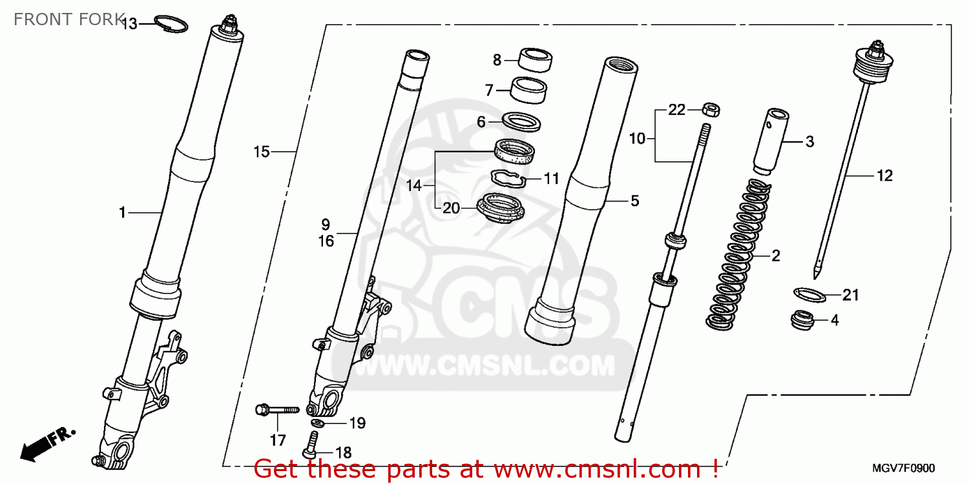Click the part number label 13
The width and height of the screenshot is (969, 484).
(x=129, y=25)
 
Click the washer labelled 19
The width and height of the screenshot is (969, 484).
(x=318, y=423)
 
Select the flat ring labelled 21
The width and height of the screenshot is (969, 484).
(x=810, y=294)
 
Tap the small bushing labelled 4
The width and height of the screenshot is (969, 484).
(x=804, y=319)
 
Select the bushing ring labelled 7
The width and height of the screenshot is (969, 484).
(x=528, y=89)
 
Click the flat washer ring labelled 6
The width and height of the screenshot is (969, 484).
(x=521, y=121)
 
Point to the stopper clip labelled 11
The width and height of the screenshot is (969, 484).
(x=510, y=176)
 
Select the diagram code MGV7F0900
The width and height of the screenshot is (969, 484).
(x=904, y=468)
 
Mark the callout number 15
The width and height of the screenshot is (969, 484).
(x=261, y=152)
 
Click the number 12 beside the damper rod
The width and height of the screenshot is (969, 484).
(x=884, y=176)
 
